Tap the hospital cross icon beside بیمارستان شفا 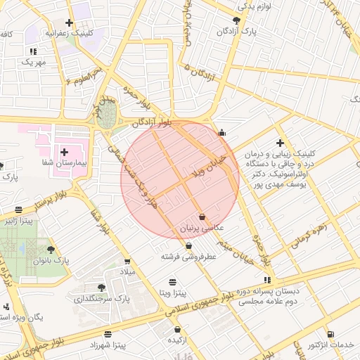[x=65, y=152]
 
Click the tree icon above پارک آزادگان [x=237, y=20]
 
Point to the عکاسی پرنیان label [x=202, y=229]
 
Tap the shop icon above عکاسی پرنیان [x=202, y=217]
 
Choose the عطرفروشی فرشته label [x=189, y=257]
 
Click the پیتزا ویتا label [x=172, y=292]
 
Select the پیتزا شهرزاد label [x=108, y=346]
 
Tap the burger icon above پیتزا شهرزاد [x=108, y=334]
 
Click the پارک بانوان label [x=51, y=261]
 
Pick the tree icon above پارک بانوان [x=51, y=249]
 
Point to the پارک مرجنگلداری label [x=103, y=299]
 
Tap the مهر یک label [x=33, y=62]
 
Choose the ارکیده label [x=176, y=340]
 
